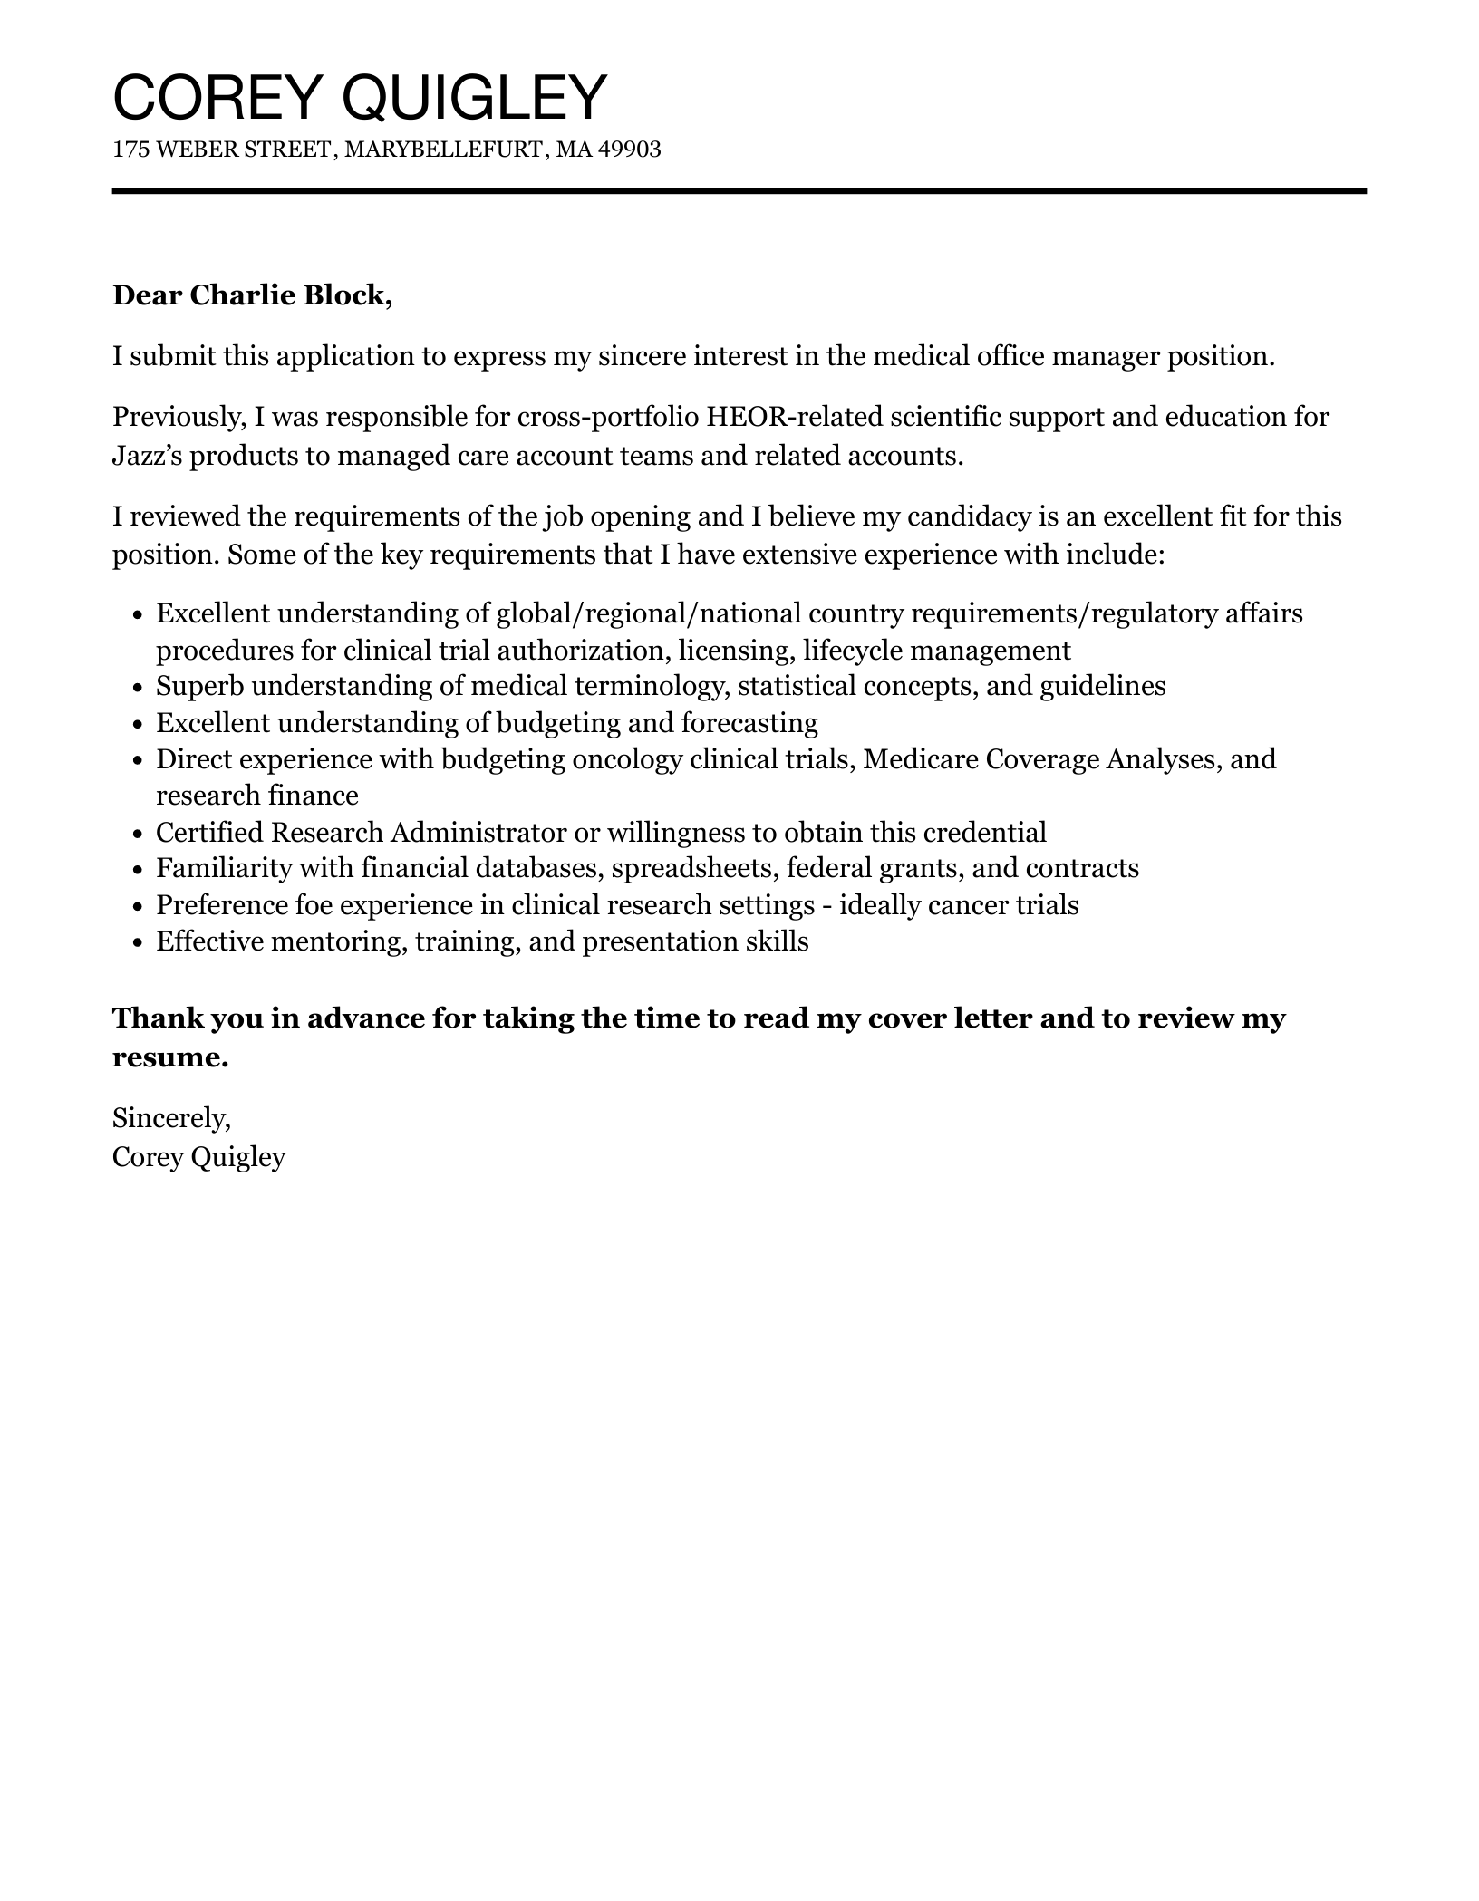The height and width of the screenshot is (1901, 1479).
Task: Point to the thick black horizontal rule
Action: [739, 191]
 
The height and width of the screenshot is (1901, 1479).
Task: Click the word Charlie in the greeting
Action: [242, 295]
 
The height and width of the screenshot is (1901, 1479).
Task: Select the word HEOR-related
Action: [794, 417]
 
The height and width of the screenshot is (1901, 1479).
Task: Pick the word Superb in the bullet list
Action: [200, 686]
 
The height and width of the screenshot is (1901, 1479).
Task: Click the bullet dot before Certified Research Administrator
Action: [138, 834]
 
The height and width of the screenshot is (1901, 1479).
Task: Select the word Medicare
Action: [921, 758]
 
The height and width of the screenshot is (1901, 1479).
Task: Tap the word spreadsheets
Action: [694, 868]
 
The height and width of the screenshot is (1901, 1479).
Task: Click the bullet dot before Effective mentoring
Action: [138, 943]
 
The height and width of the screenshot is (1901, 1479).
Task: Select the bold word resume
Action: [169, 1057]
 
